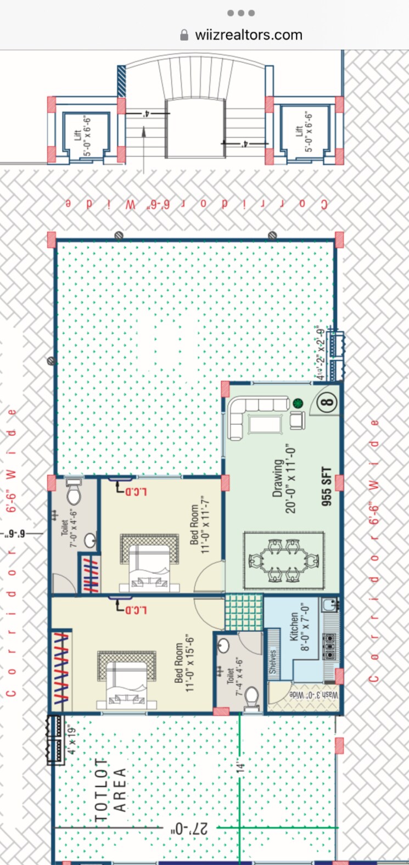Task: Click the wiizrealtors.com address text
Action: coord(248,35)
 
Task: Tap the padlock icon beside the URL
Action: coord(184,35)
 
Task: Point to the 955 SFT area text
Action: coord(327,486)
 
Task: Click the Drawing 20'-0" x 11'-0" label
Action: coord(284,479)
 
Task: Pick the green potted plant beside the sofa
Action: coord(298,403)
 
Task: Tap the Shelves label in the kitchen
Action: coord(273,662)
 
